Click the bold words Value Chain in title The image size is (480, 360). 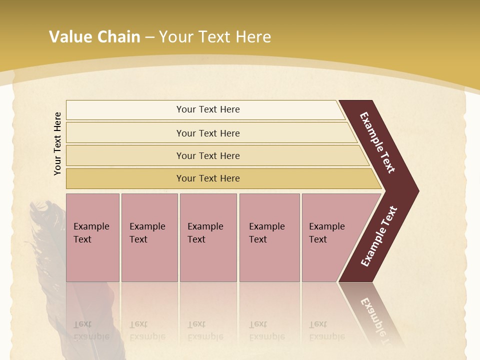point(94,37)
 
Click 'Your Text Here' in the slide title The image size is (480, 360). point(215,37)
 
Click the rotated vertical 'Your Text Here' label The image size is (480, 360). point(58,143)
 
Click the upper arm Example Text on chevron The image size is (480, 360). point(377,142)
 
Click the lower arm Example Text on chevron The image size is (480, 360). point(379,236)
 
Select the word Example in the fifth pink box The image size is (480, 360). point(326,226)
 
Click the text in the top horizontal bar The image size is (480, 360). point(208,109)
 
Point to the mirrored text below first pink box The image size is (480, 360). point(91,330)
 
